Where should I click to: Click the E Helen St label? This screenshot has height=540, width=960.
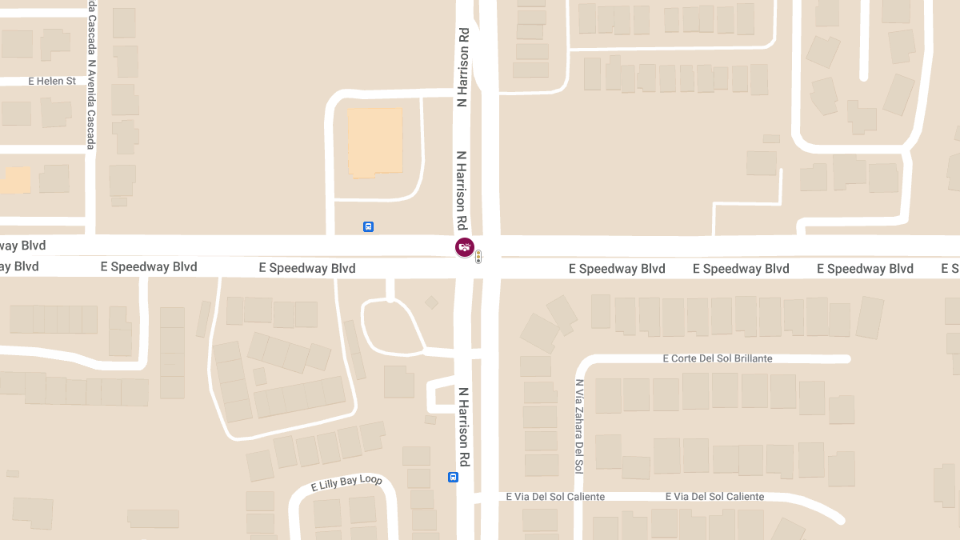click(x=52, y=81)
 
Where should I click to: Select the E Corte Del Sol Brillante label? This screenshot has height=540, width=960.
click(x=718, y=358)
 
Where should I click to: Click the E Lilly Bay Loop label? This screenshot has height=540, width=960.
click(x=346, y=483)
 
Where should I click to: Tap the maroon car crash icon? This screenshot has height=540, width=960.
click(x=465, y=247)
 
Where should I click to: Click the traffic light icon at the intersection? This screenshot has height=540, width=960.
click(x=478, y=257)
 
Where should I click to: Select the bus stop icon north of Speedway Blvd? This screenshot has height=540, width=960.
click(x=368, y=226)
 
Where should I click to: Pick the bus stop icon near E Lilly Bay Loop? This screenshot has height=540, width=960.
click(x=453, y=478)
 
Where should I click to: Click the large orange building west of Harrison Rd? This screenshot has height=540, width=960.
click(x=375, y=142)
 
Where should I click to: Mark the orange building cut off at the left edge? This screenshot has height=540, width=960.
click(x=14, y=180)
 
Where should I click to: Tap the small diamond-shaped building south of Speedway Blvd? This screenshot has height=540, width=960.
click(x=431, y=302)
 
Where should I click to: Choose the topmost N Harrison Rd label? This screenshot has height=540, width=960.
click(x=462, y=67)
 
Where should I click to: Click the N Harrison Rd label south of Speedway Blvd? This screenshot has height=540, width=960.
click(x=463, y=427)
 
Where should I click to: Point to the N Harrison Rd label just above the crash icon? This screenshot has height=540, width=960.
click(x=462, y=190)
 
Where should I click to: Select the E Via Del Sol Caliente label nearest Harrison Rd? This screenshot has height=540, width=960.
click(x=555, y=497)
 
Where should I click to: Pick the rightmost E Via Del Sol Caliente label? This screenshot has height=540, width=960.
click(x=714, y=497)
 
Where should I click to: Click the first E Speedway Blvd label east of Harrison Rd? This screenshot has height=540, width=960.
click(x=617, y=269)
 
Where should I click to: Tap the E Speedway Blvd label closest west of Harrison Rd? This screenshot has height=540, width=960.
click(x=307, y=268)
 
